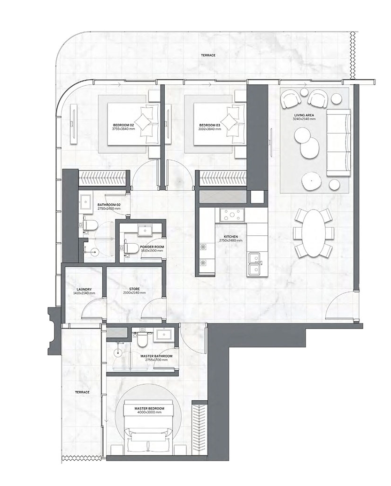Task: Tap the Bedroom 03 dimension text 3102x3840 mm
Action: point(210,129)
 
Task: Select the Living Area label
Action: point(304,115)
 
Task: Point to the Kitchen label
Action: point(230,237)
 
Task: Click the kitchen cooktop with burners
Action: point(232,215)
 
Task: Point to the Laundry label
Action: point(84,290)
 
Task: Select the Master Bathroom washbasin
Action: point(163,335)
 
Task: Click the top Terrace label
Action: point(208,55)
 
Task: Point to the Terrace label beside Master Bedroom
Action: point(82,392)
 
